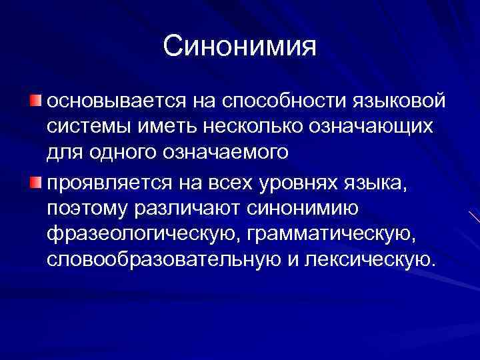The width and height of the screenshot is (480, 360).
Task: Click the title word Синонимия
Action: click(239, 47)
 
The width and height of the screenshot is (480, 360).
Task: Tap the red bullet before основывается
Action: click(35, 101)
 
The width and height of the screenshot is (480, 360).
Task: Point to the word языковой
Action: click(402, 103)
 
